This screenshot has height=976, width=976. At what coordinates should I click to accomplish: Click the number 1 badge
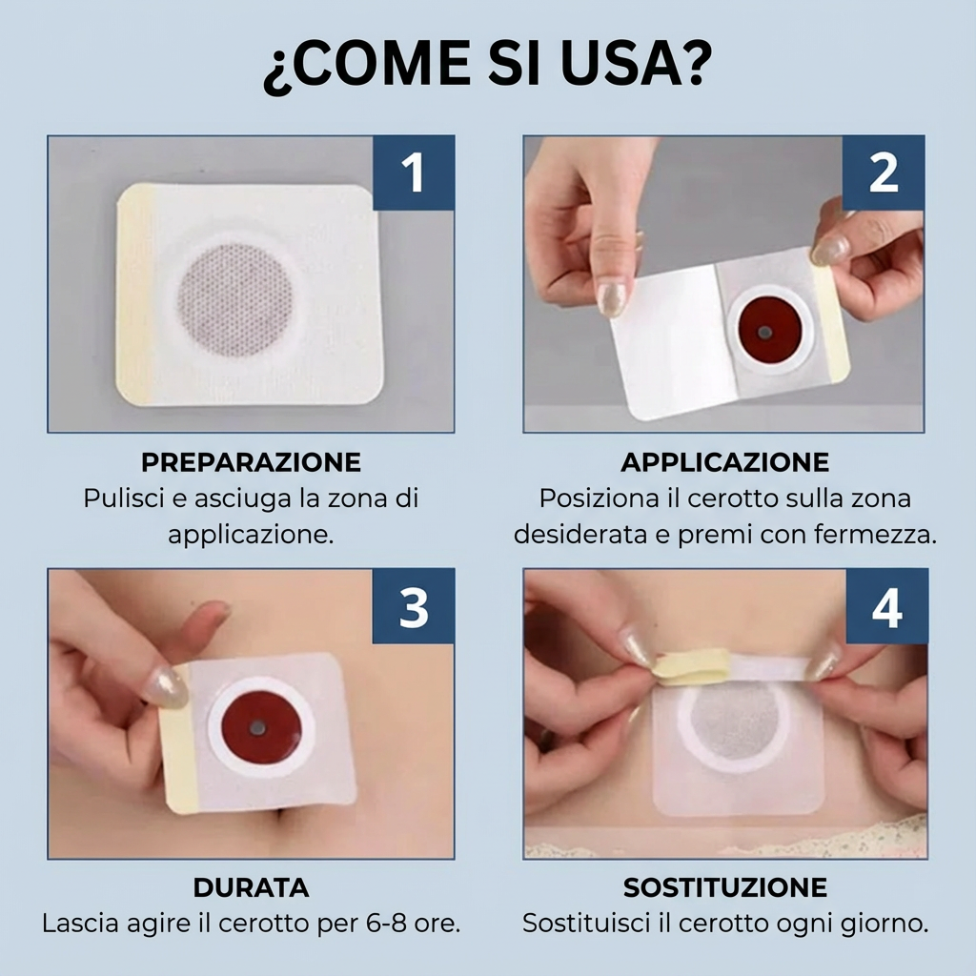pos(413,173)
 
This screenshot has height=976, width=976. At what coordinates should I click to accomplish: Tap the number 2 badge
pos(884,173)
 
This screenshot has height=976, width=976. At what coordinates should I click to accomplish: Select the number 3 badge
pos(413,606)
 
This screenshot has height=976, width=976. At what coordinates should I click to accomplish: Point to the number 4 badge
pos(886,606)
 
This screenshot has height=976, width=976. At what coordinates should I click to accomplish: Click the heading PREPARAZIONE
pos(251,462)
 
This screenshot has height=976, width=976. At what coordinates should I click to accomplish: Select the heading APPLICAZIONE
pos(724,462)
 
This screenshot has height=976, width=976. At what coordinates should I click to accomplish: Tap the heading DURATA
pos(251,887)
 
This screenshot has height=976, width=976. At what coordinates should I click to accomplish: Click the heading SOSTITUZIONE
pos(724,887)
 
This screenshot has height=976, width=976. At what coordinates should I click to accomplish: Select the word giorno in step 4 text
pos(884,924)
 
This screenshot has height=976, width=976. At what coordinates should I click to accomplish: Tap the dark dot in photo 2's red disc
pos(764,333)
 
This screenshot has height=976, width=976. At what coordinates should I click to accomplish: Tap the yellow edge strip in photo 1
pos(135,295)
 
